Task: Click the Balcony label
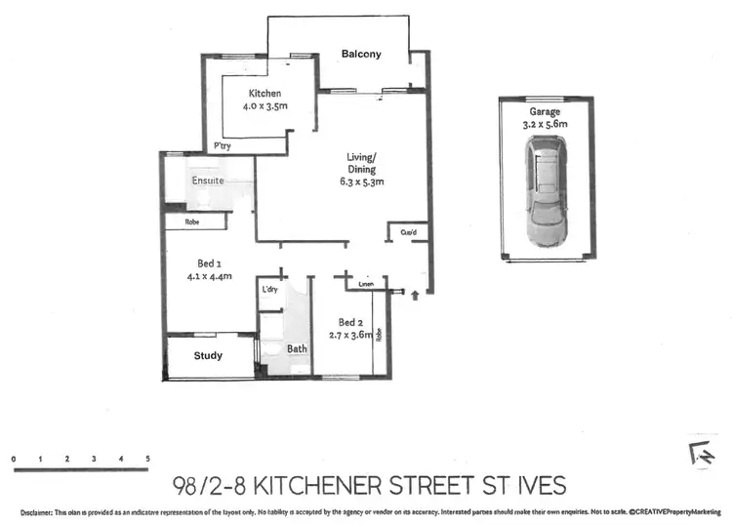tap(361, 55)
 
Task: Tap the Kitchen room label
tap(264, 94)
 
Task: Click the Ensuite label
tap(208, 182)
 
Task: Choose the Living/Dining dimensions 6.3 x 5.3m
tap(362, 182)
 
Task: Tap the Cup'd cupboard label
tap(407, 232)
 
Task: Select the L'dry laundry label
tap(269, 291)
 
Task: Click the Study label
tap(208, 355)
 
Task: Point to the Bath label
tap(296, 348)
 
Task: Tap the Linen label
tap(366, 285)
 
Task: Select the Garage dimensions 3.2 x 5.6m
tap(545, 124)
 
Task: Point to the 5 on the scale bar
tap(147, 458)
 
